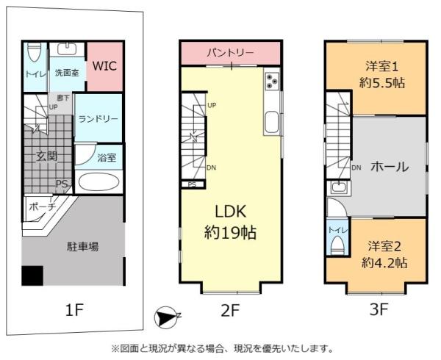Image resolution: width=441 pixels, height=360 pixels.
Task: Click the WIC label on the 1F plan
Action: [103, 65]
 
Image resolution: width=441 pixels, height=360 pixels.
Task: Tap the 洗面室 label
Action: [67, 73]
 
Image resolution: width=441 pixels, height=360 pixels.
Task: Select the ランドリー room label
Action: [98, 119]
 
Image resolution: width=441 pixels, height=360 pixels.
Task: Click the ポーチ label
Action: [42, 208]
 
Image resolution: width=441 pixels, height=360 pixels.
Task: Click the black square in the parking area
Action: [32, 276]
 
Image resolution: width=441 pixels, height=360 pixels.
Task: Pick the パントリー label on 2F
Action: [230, 53]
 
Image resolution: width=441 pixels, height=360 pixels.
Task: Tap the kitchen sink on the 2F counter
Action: [271, 122]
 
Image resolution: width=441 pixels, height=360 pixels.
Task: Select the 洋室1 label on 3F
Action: [378, 65]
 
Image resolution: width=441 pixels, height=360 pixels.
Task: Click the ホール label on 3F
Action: [389, 166]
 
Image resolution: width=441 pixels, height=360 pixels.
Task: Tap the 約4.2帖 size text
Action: [384, 262]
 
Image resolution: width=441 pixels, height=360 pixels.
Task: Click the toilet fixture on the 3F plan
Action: [337, 242]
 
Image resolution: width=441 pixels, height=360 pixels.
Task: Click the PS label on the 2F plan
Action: [192, 184]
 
